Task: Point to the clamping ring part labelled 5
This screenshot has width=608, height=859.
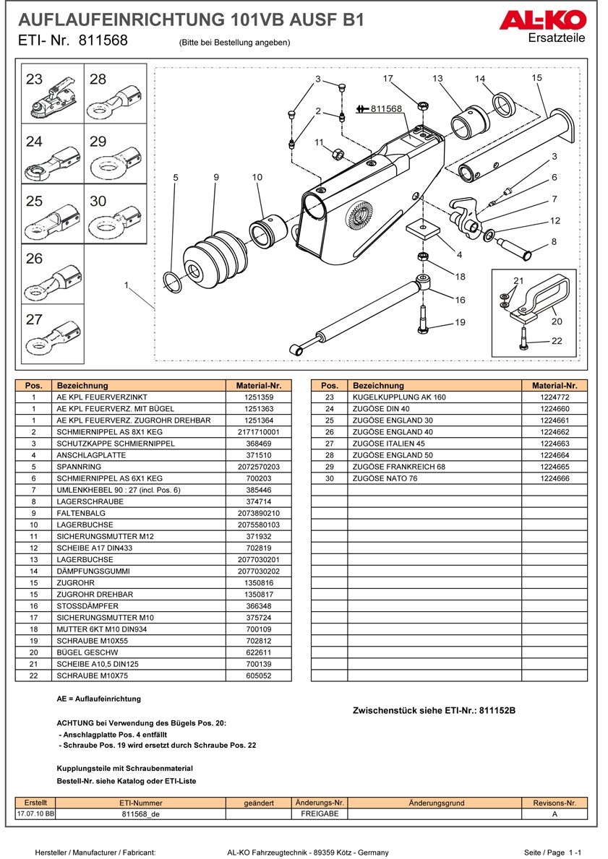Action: coord(172,283)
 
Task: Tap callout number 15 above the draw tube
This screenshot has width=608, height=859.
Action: coord(536,78)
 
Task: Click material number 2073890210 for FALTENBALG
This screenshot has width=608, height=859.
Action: coord(258,513)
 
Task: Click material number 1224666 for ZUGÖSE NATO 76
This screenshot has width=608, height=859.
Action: coord(554,478)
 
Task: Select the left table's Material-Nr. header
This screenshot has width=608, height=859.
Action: coord(258,386)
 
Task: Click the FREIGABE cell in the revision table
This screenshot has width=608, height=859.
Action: coord(320,813)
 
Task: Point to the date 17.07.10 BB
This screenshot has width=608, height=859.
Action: coord(35,813)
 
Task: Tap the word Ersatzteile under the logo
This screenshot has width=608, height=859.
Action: coord(557,38)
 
